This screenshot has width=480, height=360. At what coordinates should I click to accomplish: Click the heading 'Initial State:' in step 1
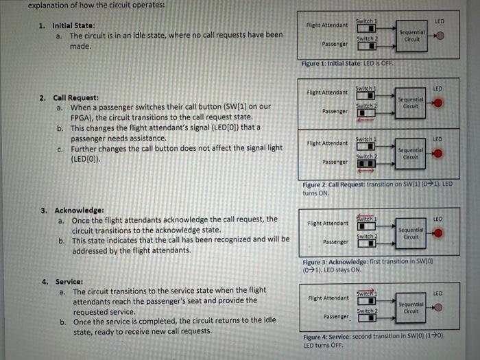tap(77, 25)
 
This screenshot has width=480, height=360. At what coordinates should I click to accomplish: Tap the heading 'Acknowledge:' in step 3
tap(79, 210)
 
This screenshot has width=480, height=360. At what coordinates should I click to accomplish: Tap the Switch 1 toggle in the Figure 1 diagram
tap(367, 28)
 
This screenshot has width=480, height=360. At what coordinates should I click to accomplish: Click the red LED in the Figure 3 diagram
tap(437, 234)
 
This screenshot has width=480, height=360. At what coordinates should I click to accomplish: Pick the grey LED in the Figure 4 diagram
tap(437, 307)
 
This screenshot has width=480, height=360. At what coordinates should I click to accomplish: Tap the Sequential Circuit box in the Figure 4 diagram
tap(411, 307)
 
